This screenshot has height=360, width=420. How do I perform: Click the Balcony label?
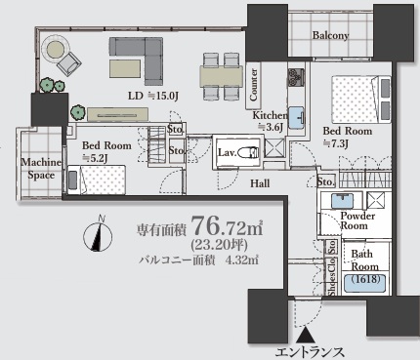coord(330,35)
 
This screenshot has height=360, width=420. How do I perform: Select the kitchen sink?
coord(296,117)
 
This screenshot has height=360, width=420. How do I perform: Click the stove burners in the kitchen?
coord(296,78)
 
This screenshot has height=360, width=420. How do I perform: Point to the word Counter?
coord(253,85)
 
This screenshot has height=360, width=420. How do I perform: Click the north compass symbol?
coord(98,235)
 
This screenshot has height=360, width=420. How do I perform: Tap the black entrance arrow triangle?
coord(305,335)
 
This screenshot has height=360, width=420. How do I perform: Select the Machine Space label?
coord(41,169)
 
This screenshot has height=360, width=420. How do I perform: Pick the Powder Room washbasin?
coord(342,200)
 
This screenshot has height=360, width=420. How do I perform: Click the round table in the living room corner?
coord(57,48)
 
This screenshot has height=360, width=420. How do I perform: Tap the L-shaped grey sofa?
coord(140,59)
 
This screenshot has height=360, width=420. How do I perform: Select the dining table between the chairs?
coord(222,77)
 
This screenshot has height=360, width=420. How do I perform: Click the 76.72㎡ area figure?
coord(228,225)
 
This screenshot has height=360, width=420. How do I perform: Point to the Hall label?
coord(260,183)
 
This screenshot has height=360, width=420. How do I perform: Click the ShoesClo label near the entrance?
coord(332,276)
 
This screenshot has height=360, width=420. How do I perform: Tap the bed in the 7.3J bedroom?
coord(361,100)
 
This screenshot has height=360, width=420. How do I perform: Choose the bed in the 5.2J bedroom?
coord(97,180)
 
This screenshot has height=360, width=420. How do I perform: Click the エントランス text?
coord(310,352)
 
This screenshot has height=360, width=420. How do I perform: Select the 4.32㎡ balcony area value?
coord(244,260)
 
